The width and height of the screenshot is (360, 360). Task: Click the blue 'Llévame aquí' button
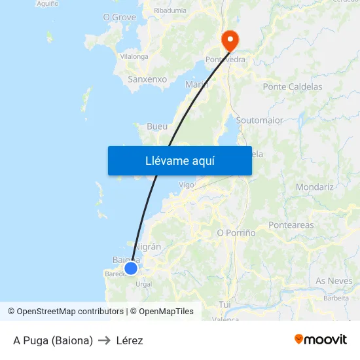[179, 160]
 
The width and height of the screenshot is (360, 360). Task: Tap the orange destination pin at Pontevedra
[230, 41]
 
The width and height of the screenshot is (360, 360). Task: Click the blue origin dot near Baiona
[131, 268]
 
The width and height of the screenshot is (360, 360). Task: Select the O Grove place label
[119, 17]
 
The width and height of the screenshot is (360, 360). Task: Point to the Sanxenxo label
[147, 79]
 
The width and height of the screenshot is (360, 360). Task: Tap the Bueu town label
[157, 126]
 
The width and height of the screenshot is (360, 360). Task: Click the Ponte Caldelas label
[292, 86]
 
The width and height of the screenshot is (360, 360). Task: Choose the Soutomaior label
[259, 120]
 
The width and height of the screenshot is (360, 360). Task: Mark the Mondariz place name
[315, 187]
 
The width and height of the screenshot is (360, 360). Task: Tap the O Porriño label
[236, 232]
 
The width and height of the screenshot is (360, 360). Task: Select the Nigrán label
[147, 246]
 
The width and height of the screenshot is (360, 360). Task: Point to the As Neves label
[334, 281]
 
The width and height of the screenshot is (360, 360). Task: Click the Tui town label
[225, 304]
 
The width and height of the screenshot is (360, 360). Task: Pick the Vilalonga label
[134, 57]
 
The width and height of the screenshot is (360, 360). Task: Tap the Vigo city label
[187, 185]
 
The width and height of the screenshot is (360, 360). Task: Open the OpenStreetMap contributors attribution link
[70, 312]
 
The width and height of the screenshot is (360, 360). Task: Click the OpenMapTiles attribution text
[166, 312]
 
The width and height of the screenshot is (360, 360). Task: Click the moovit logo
[321, 340]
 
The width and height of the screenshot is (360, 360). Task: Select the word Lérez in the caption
[130, 340]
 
